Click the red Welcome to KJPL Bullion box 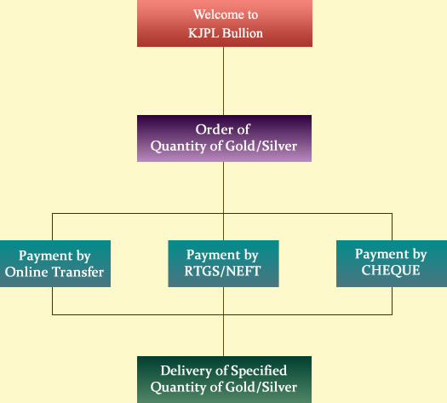pos(225,23)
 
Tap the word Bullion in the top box pos(243,33)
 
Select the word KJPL pos(203,33)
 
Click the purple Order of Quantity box pos(225,138)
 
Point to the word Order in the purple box pos(211,130)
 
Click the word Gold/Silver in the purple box pos(261,146)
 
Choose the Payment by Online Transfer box pos(55,263)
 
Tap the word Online pos(26,272)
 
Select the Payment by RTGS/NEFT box pos(223,263)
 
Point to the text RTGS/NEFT pos(222,271)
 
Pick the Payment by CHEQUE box pos(392,263)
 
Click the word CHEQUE pos(391,270)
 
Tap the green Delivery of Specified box pos(225,380)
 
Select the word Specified pos(259,371)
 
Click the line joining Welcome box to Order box pos(223,81)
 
